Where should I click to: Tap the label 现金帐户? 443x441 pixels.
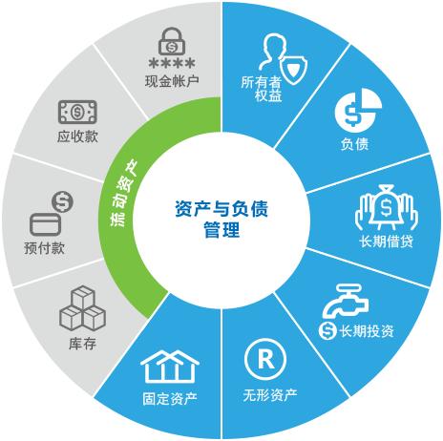172,81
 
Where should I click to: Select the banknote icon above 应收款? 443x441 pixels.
77,112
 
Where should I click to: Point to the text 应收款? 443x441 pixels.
77,136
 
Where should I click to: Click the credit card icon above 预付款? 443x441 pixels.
45,224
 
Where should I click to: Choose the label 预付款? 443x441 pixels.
44,248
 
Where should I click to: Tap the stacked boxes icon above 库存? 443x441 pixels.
82,307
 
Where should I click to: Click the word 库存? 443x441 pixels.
82,344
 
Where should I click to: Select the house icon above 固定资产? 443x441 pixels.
170,367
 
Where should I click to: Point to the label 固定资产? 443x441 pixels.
170,398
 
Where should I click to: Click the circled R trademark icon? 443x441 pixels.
265,359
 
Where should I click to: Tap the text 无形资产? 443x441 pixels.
270,395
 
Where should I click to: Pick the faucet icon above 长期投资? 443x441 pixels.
346,301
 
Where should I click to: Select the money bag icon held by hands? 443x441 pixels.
387,207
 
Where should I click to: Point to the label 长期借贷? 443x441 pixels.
387,241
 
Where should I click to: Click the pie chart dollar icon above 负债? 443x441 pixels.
358,110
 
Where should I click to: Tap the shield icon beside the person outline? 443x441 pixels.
295,71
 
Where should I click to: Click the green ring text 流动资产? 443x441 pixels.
124,193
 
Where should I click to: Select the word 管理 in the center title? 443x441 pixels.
221,230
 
